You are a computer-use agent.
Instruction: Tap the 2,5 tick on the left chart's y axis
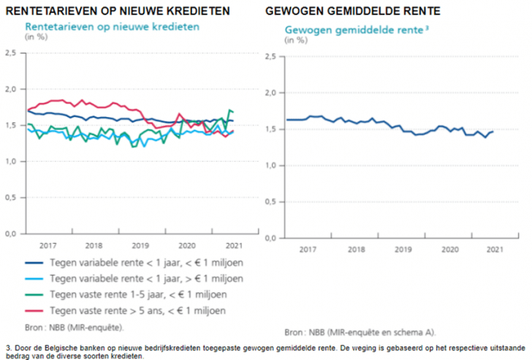pos(11,53)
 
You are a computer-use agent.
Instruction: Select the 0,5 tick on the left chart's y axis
pos(11,197)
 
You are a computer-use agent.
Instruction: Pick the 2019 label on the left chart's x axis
pos(139,245)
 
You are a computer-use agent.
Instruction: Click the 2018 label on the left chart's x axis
pos(93,245)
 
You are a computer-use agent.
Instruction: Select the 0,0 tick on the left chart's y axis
pos(11,234)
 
